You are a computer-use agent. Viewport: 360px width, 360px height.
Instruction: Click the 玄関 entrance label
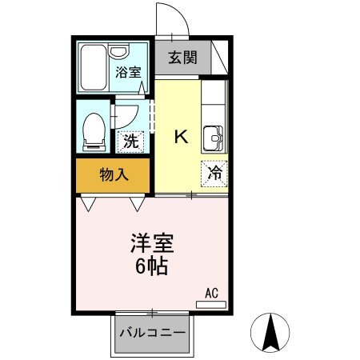click(x=182, y=58)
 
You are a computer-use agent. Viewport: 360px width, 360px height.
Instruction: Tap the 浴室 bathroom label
click(x=128, y=72)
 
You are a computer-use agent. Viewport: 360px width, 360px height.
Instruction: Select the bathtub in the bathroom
click(x=94, y=67)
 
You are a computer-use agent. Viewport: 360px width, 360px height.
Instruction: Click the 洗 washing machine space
click(x=131, y=142)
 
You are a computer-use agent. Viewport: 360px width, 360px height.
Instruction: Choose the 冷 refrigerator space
click(x=214, y=174)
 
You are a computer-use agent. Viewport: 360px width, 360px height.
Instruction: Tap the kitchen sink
click(x=214, y=138)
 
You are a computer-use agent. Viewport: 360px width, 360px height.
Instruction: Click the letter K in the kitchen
click(x=181, y=137)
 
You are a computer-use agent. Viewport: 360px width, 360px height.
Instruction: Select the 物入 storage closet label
click(x=114, y=175)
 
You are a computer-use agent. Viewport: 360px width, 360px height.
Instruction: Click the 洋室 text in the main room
click(x=152, y=243)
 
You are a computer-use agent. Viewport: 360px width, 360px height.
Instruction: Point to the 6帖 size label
click(x=152, y=266)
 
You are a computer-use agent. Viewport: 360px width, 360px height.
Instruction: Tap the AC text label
click(x=211, y=294)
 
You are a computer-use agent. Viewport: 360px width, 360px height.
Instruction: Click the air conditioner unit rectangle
click(x=211, y=305)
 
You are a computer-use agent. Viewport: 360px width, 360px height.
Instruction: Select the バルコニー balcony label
click(x=152, y=333)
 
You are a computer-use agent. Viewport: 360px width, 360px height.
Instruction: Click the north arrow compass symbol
click(x=270, y=333)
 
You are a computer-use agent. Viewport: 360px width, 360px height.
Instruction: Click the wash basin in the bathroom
click(x=118, y=50)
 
